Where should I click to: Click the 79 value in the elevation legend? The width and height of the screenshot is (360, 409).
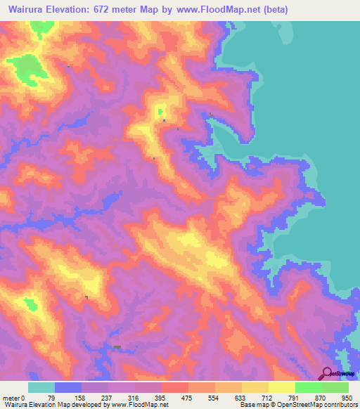[x=51, y=397]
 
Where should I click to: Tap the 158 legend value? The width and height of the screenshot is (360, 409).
[x=80, y=397]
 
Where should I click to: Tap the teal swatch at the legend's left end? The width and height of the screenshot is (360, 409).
[x=41, y=387]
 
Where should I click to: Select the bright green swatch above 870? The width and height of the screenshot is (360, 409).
[x=309, y=387]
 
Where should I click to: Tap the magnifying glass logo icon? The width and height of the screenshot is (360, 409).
[x=325, y=373]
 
